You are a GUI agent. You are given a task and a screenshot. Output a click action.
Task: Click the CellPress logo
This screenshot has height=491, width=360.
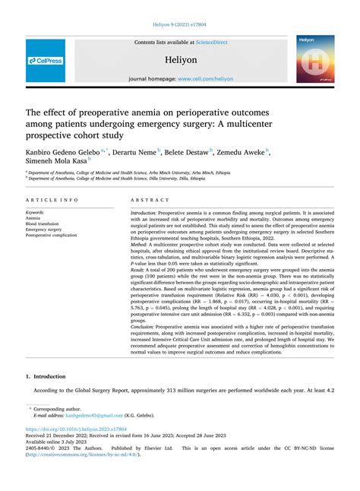point(45,59)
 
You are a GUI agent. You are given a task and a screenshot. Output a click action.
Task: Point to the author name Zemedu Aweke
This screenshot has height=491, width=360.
point(242,152)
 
